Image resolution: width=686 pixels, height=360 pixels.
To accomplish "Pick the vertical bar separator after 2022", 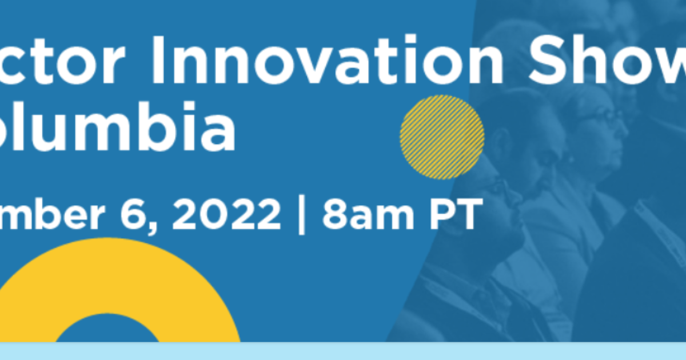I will point(301,215).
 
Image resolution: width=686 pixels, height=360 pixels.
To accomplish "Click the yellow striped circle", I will point(442,137).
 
